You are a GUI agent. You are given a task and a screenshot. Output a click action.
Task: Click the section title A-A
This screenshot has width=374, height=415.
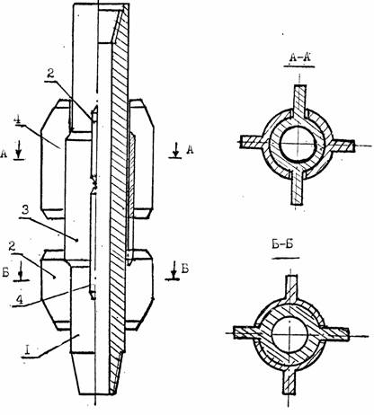(299, 57)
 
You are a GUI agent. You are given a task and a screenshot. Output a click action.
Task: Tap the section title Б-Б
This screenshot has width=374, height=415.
(282, 245)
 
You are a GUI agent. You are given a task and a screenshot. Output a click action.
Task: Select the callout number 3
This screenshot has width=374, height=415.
(25, 210)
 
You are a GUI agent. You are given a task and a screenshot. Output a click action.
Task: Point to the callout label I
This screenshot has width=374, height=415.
(28, 349)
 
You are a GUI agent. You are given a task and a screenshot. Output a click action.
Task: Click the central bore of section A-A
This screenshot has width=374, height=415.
(298, 145)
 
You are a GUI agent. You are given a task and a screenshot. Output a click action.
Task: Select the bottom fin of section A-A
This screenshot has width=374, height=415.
(298, 188)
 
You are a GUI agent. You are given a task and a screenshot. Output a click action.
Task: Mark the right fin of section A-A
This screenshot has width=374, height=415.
(342, 146)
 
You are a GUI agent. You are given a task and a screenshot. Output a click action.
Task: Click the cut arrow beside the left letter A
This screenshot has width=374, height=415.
(19, 150)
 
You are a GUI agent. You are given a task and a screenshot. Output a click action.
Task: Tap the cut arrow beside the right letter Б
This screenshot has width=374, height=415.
(174, 270)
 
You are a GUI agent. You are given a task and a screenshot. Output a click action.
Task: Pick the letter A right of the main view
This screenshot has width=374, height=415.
(190, 149)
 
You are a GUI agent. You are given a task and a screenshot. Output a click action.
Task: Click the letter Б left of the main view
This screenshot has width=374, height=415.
(5, 272)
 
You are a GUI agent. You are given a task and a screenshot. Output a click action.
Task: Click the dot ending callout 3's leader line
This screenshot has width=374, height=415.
(77, 240)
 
